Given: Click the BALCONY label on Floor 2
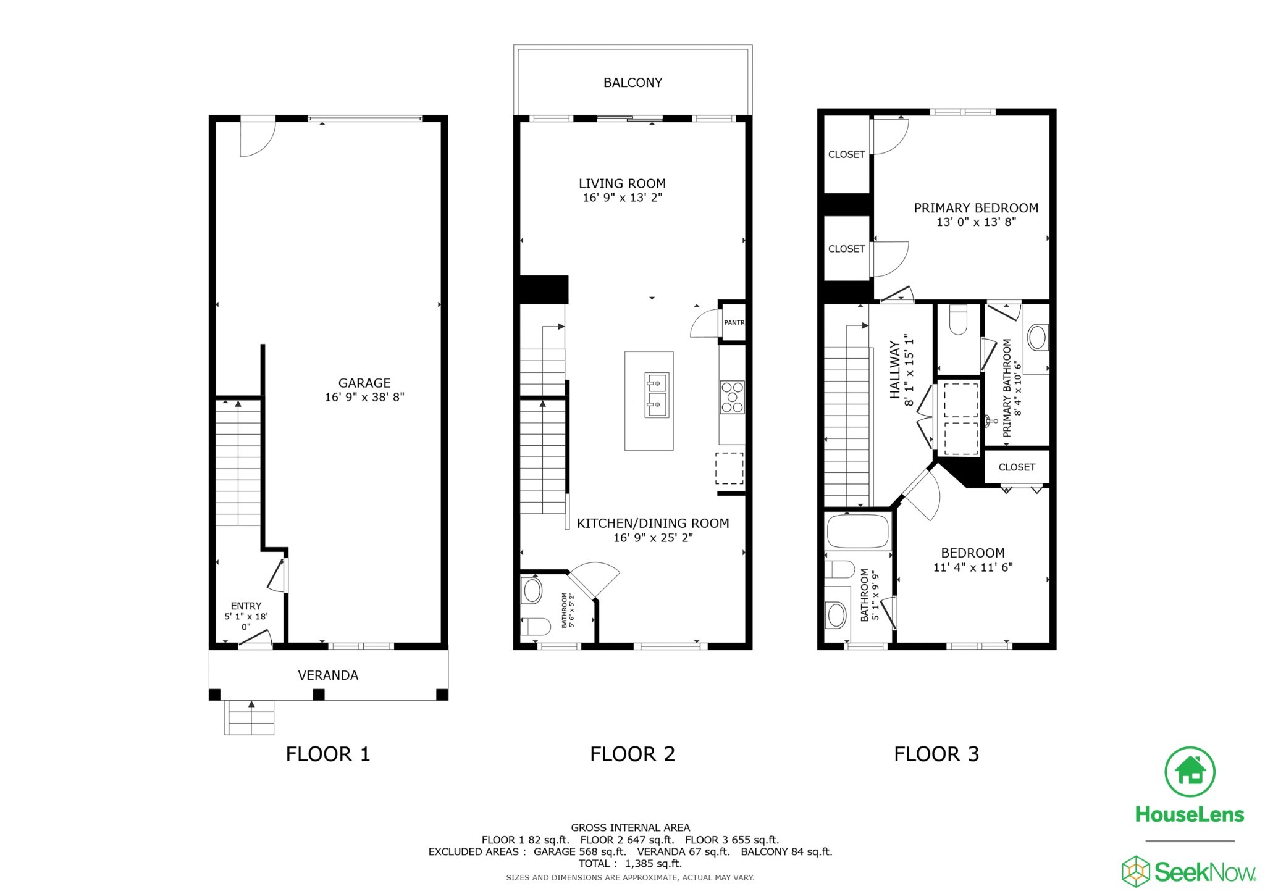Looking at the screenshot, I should [632, 83].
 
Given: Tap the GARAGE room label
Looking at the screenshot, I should [364, 383].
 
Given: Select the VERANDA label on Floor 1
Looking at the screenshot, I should [328, 675].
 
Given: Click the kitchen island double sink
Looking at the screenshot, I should [656, 395].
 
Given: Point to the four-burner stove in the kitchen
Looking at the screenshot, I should [732, 397].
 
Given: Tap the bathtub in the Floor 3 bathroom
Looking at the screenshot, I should [857, 531].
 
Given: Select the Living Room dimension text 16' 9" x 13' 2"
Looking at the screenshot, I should [622, 198].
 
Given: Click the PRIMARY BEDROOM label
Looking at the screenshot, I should [976, 208].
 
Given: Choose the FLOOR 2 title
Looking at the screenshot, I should [632, 754].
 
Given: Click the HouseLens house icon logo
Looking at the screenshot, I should [1190, 772].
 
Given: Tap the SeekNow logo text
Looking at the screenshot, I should [1204, 872].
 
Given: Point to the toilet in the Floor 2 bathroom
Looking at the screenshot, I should [535, 627].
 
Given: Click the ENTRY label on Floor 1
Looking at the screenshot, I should [246, 606].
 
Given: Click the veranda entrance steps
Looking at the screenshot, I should [250, 717].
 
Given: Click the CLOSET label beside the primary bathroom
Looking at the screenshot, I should [1016, 467].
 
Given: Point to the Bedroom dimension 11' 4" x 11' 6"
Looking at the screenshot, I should [972, 567].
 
